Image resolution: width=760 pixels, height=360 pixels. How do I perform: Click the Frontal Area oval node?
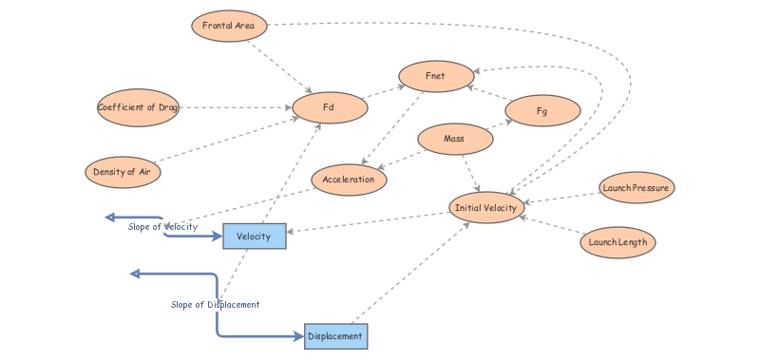229,25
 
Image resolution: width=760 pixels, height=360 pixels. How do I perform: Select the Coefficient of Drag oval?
139,107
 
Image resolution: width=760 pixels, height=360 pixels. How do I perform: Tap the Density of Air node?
122,172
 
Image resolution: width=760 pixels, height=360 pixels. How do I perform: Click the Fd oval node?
330,107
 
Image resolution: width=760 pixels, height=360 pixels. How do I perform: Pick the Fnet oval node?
436,76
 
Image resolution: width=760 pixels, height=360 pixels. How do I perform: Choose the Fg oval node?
542,111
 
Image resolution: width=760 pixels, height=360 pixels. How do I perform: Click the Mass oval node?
455,140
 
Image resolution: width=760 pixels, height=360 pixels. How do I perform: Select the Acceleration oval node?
349,180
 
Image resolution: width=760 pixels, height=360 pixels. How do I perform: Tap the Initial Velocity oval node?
486,208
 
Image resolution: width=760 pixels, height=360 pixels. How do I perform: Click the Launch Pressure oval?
636,188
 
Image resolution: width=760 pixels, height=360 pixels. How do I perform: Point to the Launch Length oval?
617,242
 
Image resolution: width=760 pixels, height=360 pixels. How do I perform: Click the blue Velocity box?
255,236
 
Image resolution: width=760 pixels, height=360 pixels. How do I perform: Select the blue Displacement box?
335,336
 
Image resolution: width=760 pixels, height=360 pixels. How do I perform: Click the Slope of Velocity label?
163,226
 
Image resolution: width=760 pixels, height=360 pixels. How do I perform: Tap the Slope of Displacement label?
215,305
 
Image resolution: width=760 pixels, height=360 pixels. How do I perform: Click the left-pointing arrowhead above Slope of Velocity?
110,218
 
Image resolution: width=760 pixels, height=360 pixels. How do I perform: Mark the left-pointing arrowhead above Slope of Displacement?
135,274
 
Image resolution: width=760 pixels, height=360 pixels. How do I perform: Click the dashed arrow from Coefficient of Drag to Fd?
237,107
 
